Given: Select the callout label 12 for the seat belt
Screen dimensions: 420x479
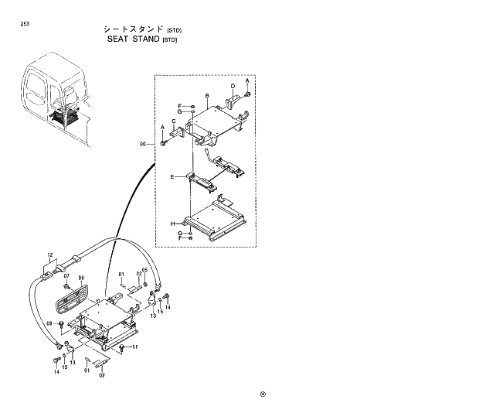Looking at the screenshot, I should [49, 254].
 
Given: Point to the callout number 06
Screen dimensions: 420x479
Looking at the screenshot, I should [80, 278].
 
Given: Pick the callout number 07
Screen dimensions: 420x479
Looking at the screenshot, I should [66, 276].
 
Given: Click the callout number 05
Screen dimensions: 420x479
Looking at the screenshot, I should [144, 271].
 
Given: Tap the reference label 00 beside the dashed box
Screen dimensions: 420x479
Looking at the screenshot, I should [142, 144].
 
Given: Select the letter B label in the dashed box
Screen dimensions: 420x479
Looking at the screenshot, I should [207, 96].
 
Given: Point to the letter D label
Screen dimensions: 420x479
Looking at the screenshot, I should [233, 85].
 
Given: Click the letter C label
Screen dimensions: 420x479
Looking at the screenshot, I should [175, 120].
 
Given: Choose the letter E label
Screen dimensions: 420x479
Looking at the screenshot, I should [172, 176].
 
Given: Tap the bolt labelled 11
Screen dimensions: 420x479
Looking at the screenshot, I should [123, 347].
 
